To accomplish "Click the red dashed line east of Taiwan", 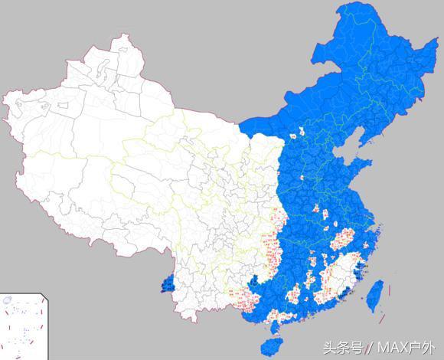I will click(x=390, y=292).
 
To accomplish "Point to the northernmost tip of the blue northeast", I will click(x=344, y=5).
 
